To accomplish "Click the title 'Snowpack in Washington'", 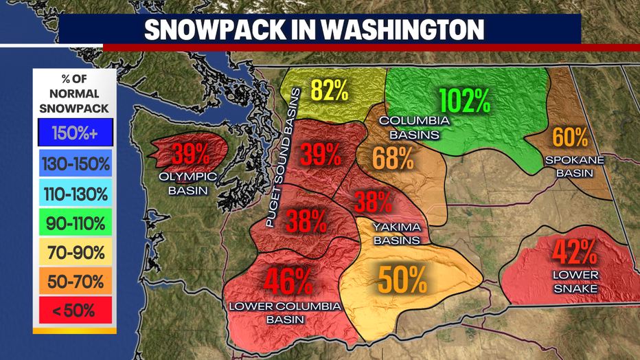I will [313, 30].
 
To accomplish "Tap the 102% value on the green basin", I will [465, 100].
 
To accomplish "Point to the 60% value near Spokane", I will [570, 137].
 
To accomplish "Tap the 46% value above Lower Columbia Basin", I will [288, 280].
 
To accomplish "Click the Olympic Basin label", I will [188, 183].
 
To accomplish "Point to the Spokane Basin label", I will [575, 167].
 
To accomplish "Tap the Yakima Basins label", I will [396, 234].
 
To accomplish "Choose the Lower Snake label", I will [575, 282].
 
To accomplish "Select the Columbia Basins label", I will [414, 127].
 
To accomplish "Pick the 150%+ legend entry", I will [75, 135].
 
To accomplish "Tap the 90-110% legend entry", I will [75, 223].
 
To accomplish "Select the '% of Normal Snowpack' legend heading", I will [75, 93].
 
